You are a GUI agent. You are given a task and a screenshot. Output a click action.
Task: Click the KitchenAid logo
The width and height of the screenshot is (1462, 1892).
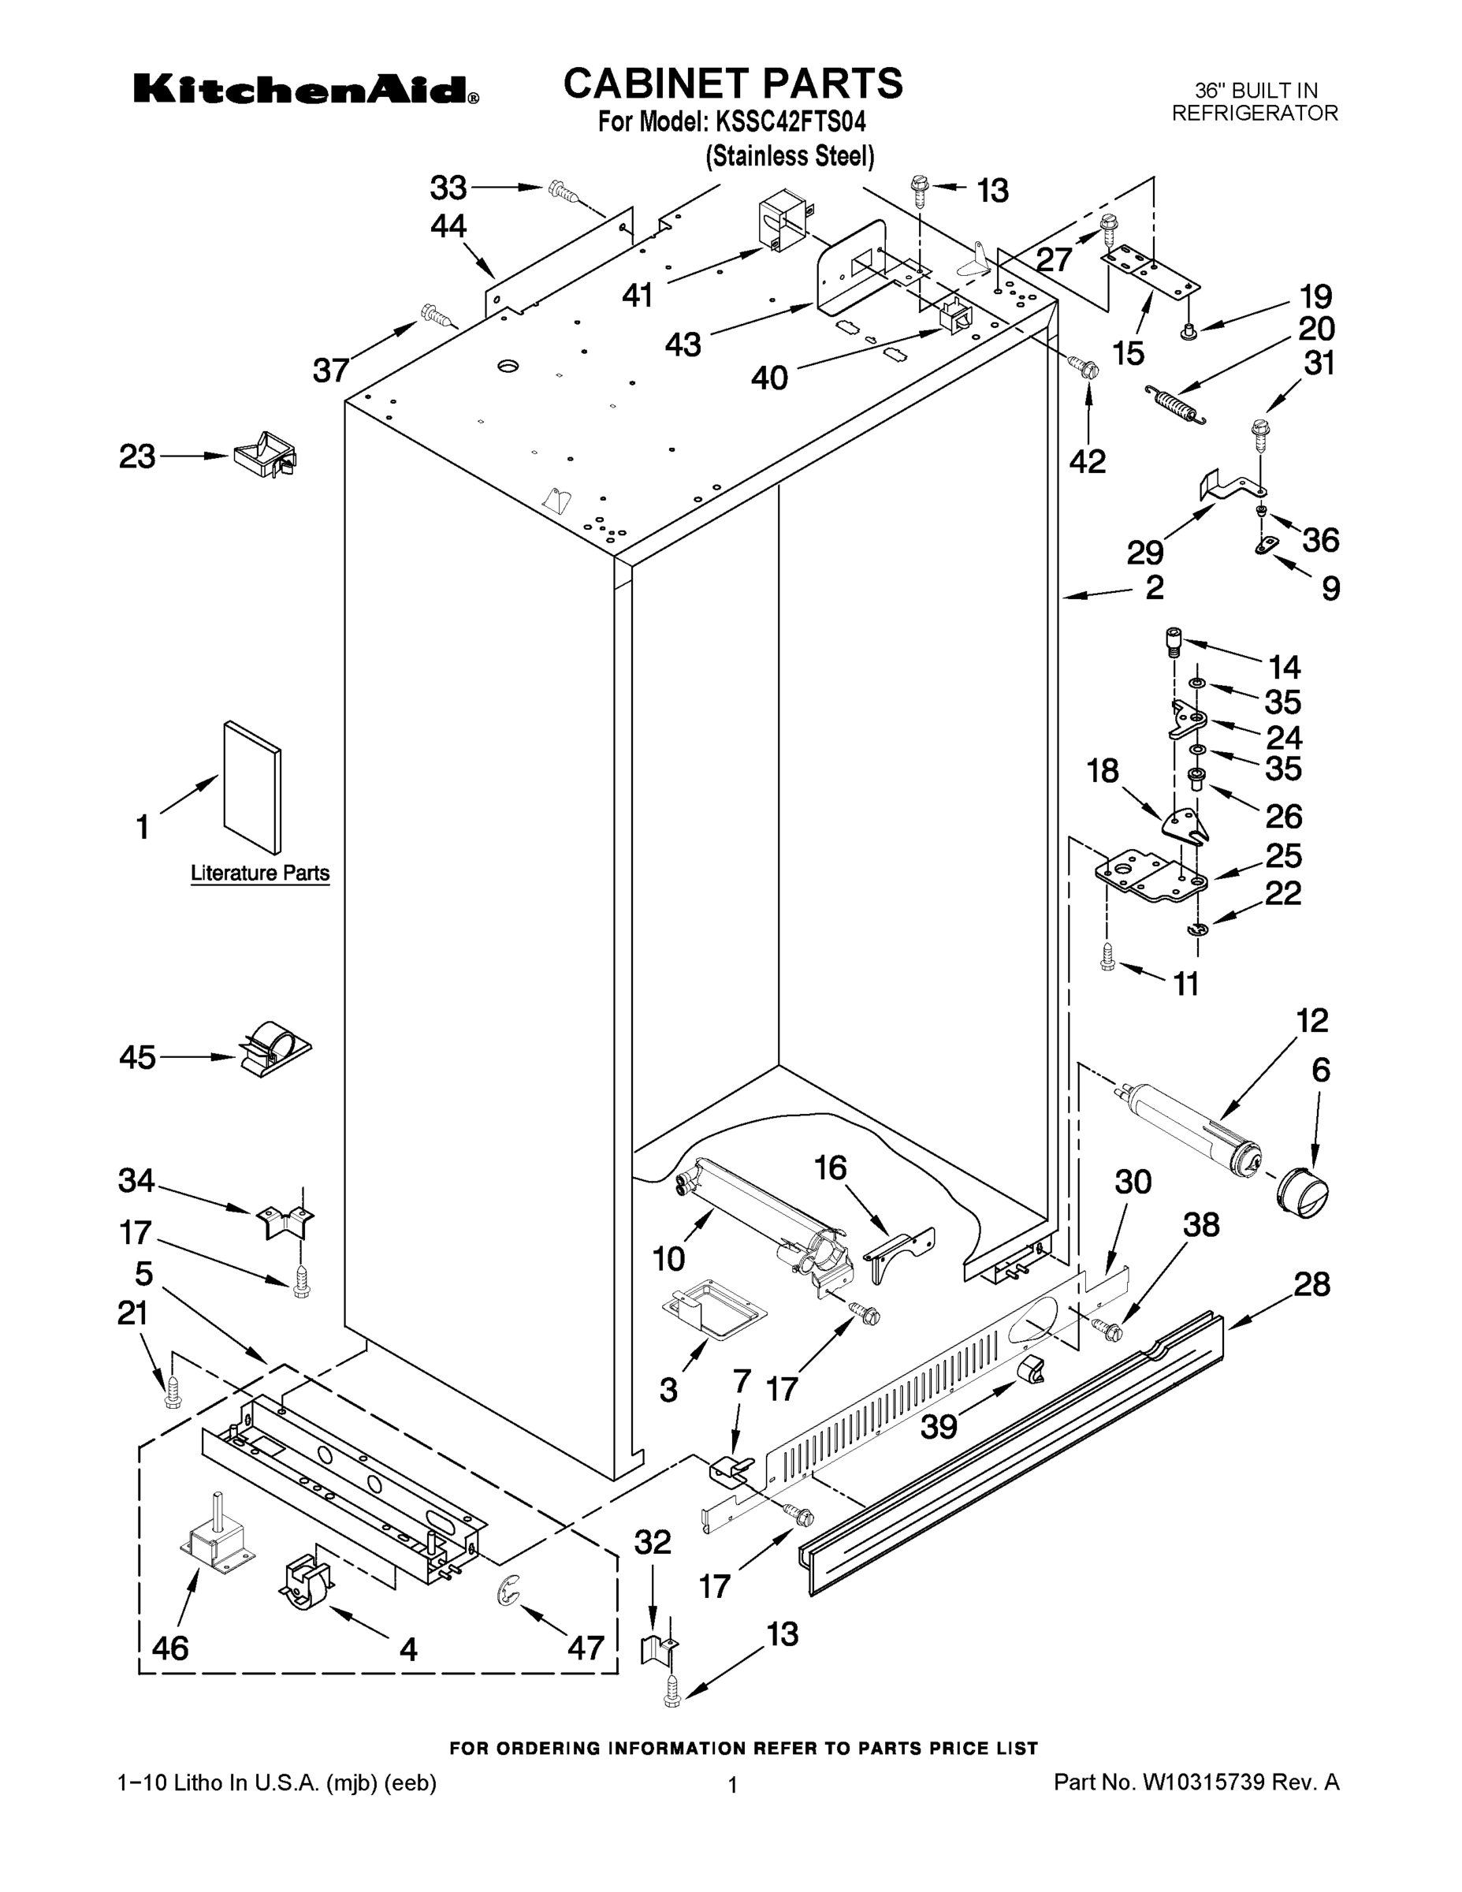coord(305,89)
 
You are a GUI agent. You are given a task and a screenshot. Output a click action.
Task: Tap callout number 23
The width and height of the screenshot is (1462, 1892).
coord(137,456)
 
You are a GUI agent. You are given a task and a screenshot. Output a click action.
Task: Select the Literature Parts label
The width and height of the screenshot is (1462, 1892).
coord(260,873)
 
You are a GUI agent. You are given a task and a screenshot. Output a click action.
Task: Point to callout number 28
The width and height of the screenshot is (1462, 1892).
coord(1311,1284)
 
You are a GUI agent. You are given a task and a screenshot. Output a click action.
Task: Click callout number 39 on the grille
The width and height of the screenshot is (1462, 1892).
coord(939,1425)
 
